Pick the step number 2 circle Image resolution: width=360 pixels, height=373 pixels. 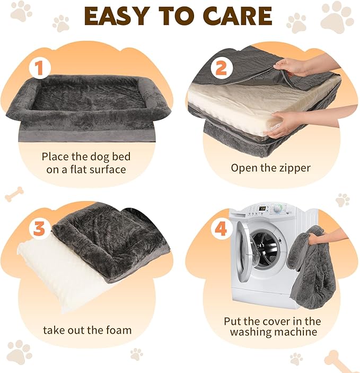pyautogui.click(x=221, y=68)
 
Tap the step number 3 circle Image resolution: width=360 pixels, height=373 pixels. pyautogui.click(x=39, y=229)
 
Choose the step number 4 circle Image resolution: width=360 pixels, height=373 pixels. pyautogui.click(x=220, y=229)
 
